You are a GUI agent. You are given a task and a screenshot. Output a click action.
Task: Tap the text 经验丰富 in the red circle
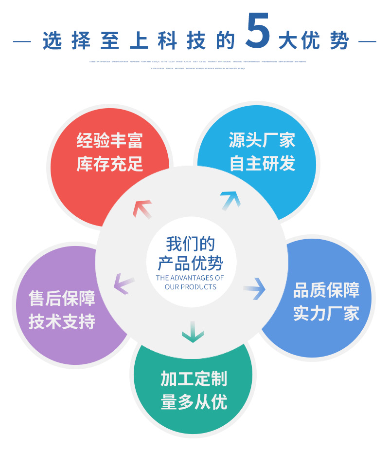pyautogui.click(x=110, y=141)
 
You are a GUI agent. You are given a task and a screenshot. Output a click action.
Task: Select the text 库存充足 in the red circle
pyautogui.click(x=110, y=164)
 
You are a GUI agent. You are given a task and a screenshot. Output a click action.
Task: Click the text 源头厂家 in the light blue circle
pyautogui.click(x=262, y=140)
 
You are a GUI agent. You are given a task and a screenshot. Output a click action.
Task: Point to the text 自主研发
pyautogui.click(x=262, y=164)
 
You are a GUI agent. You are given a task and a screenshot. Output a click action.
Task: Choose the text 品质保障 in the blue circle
pyautogui.click(x=326, y=290)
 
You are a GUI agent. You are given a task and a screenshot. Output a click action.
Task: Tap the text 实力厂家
pyautogui.click(x=326, y=314)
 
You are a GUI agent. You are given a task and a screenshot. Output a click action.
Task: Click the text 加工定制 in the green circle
pyautogui.click(x=194, y=379)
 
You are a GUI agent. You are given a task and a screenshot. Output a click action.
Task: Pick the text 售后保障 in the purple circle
pyautogui.click(x=62, y=299)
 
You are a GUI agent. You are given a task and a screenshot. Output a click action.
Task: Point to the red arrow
pyautogui.click(x=142, y=208)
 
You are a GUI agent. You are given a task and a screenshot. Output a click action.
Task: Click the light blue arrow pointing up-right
pyautogui.click(x=230, y=200)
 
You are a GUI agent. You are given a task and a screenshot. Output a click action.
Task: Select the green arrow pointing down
pyautogui.click(x=193, y=331)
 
